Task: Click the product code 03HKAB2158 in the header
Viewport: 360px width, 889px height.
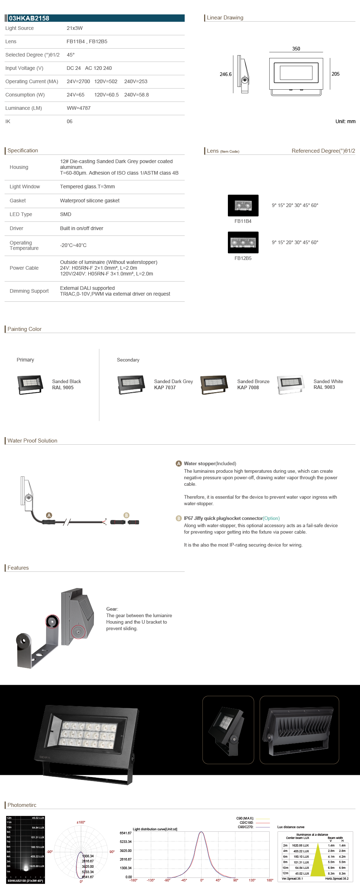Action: tap(29, 18)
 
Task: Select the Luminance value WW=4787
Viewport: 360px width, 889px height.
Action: tap(78, 108)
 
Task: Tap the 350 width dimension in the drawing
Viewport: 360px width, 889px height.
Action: tap(296, 49)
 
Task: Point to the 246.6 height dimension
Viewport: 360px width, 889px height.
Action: tap(225, 74)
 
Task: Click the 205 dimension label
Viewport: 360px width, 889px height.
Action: tap(335, 74)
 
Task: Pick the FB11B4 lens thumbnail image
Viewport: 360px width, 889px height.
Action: tap(243, 205)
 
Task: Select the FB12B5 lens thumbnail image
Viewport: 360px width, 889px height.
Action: tap(243, 242)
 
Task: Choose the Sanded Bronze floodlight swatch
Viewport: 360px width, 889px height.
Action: tap(214, 385)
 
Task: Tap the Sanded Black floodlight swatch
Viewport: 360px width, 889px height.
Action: tap(30, 385)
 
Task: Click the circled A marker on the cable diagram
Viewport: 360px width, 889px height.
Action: tap(49, 515)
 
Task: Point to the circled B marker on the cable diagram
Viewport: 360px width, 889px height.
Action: tap(126, 515)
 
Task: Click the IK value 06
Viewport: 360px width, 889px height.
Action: tap(69, 121)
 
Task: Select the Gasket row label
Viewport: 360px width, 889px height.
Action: tap(18, 201)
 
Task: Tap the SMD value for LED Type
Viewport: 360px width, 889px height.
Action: tap(66, 214)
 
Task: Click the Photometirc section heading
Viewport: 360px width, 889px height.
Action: tap(22, 805)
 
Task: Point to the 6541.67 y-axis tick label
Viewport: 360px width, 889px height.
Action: tap(126, 833)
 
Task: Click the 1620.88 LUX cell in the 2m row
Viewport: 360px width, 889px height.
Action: tap(300, 845)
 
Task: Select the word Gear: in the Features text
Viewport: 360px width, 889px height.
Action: tap(112, 609)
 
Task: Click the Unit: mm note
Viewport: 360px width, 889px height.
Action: tap(345, 121)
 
